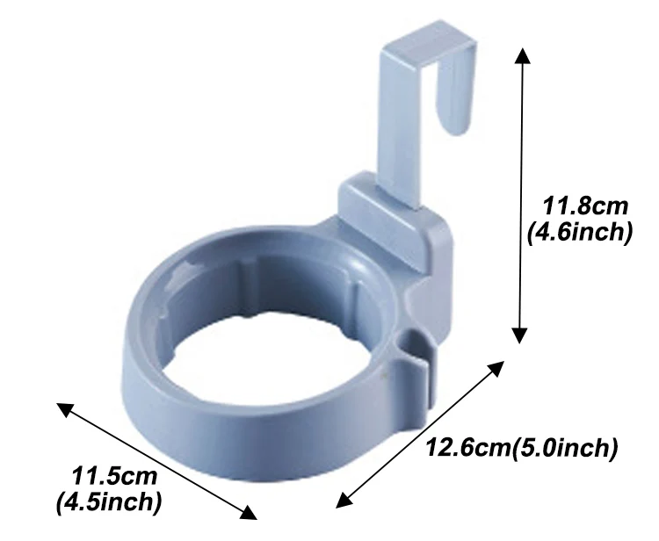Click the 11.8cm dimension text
585,206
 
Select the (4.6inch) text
580,232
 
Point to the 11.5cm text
114,477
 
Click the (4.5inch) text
109,502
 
